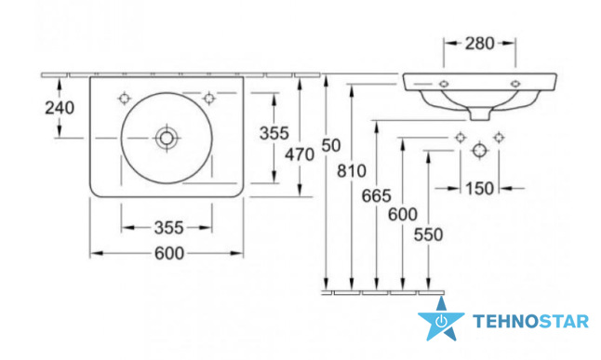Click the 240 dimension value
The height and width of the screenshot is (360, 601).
tap(60, 108)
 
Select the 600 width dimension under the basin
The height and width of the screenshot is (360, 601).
tap(169, 253)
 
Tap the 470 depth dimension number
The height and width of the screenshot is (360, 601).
tap(300, 155)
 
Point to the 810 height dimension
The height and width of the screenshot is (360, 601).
tap(352, 171)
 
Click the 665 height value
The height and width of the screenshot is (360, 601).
tap(377, 196)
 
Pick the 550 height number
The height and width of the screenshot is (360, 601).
tap(428, 234)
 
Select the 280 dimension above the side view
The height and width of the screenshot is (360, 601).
tap(479, 44)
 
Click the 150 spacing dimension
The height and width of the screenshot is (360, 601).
tap(479, 189)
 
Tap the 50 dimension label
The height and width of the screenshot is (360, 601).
tap(331, 146)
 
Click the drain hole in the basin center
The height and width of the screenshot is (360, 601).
tap(167, 138)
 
